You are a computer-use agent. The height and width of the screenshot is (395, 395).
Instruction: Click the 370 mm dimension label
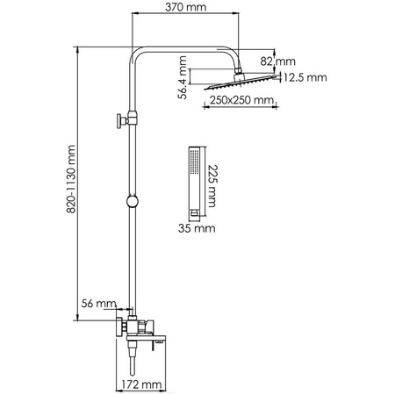pos(188,8)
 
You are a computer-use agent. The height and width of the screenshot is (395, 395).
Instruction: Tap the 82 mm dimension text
pos(285,61)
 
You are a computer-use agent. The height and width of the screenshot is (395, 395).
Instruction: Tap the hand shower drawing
pos(196,181)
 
